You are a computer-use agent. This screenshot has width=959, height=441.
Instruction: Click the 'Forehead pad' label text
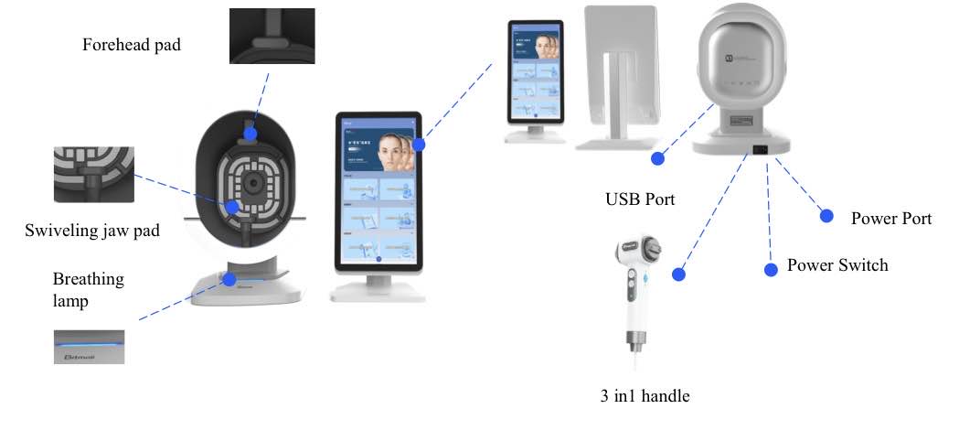131,45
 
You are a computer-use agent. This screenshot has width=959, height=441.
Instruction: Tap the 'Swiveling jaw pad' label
91,231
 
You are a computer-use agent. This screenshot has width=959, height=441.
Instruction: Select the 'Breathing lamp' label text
88,287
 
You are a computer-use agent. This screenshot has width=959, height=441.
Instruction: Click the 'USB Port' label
640,199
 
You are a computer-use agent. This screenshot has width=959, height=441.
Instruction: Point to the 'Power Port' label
890,219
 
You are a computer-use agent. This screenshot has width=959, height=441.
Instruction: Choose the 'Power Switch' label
836,265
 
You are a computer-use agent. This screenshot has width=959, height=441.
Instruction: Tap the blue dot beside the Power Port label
826,216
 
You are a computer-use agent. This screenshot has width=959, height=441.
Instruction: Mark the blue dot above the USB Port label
656,158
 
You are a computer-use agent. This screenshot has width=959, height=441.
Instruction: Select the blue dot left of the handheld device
678,273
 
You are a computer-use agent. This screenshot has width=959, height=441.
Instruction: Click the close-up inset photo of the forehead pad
272,36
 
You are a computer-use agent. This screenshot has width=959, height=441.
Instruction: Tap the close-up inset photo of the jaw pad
93,174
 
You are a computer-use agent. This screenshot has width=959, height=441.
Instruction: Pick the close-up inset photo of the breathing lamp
88,347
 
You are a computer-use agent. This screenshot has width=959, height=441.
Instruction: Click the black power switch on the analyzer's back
758,150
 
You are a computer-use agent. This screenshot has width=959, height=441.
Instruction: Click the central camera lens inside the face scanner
250,181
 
